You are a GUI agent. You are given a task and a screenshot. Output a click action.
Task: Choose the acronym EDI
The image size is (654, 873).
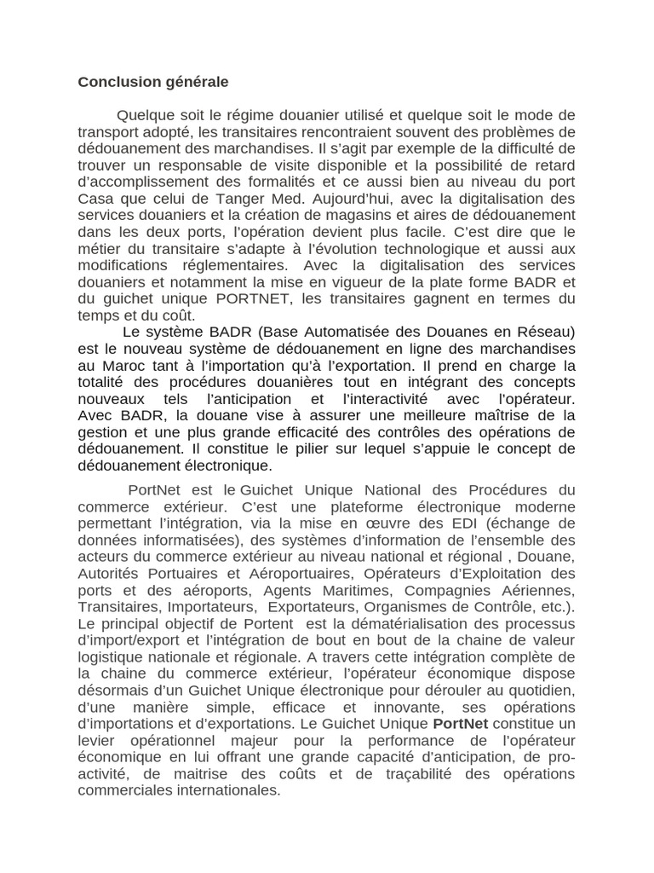click(x=458, y=523)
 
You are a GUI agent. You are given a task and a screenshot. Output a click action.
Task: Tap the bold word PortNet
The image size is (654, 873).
click(x=460, y=723)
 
